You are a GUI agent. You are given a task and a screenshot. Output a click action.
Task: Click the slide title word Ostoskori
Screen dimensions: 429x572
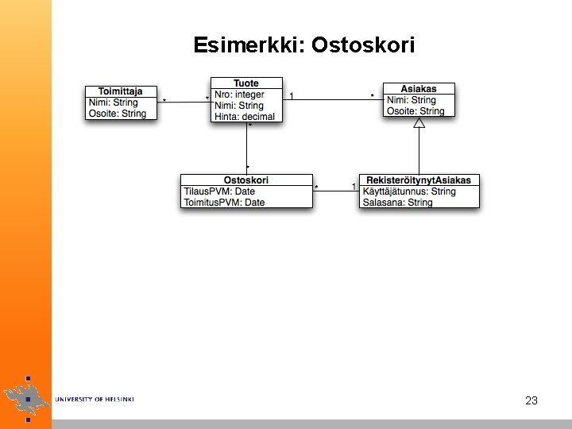[x=363, y=45]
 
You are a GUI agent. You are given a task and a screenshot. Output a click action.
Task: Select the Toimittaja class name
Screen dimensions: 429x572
[x=121, y=91]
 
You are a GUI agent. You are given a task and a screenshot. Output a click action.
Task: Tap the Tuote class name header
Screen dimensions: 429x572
[x=246, y=83]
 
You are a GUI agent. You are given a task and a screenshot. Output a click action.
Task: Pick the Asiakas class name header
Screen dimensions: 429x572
[x=419, y=89]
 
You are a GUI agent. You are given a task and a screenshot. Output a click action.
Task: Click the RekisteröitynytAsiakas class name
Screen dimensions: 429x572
[x=419, y=180]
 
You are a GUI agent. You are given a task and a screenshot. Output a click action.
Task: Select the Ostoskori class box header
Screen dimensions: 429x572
[x=246, y=180]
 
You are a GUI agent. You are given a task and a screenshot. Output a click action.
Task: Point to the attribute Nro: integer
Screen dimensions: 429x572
[x=239, y=95]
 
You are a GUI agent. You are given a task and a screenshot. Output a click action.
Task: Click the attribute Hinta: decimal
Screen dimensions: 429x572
[x=245, y=117]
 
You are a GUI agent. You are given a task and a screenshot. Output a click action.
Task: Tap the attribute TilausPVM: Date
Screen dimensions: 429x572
[x=219, y=191]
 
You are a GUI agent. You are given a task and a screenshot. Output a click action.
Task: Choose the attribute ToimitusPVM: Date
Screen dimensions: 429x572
[x=224, y=203]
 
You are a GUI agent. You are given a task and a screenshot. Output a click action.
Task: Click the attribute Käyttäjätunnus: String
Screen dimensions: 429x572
[x=409, y=191]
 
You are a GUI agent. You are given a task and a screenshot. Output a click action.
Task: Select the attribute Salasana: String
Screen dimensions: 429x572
[x=397, y=203]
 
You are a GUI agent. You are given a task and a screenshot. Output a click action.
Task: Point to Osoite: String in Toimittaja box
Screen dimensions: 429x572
[x=118, y=114]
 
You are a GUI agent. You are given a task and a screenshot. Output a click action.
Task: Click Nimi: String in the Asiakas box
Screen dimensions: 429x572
[x=411, y=100]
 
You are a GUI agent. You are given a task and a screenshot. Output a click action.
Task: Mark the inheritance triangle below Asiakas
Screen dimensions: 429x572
[x=419, y=123]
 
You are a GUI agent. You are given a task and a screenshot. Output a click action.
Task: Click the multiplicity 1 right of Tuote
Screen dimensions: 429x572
[x=292, y=95]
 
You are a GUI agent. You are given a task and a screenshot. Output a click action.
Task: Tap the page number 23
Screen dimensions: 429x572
[x=531, y=400]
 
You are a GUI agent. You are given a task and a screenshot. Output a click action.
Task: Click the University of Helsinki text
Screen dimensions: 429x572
[x=95, y=399]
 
